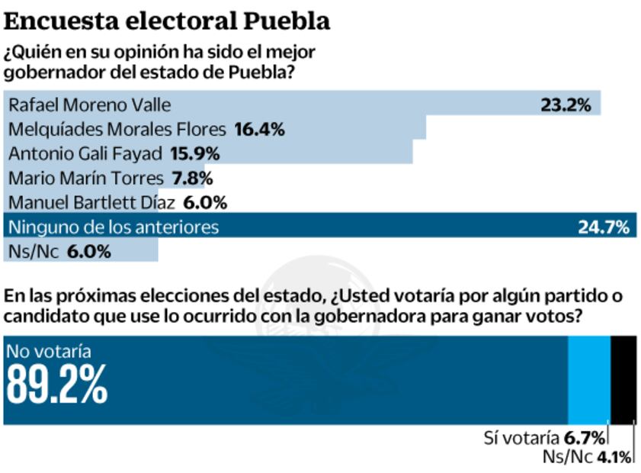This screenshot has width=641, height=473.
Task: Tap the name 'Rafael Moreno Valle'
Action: [89, 105]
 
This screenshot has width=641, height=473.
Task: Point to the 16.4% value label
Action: [259, 130]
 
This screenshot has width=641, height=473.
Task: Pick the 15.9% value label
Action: [194, 154]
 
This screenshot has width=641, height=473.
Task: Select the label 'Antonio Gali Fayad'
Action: [85, 154]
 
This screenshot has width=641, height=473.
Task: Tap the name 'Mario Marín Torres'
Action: [85, 179]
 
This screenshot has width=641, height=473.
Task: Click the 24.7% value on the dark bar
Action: [604, 227]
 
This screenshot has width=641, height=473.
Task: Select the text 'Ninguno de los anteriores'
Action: [113, 227]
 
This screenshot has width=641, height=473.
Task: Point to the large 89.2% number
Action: [57, 386]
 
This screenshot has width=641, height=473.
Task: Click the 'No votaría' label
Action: [49, 352]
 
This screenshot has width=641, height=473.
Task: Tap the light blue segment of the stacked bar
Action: [589, 378]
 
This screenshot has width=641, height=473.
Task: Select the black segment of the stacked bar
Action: [623, 378]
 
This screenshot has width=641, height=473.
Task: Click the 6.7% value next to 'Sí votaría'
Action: [585, 438]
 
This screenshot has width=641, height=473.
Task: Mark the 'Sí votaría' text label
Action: [522, 438]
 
